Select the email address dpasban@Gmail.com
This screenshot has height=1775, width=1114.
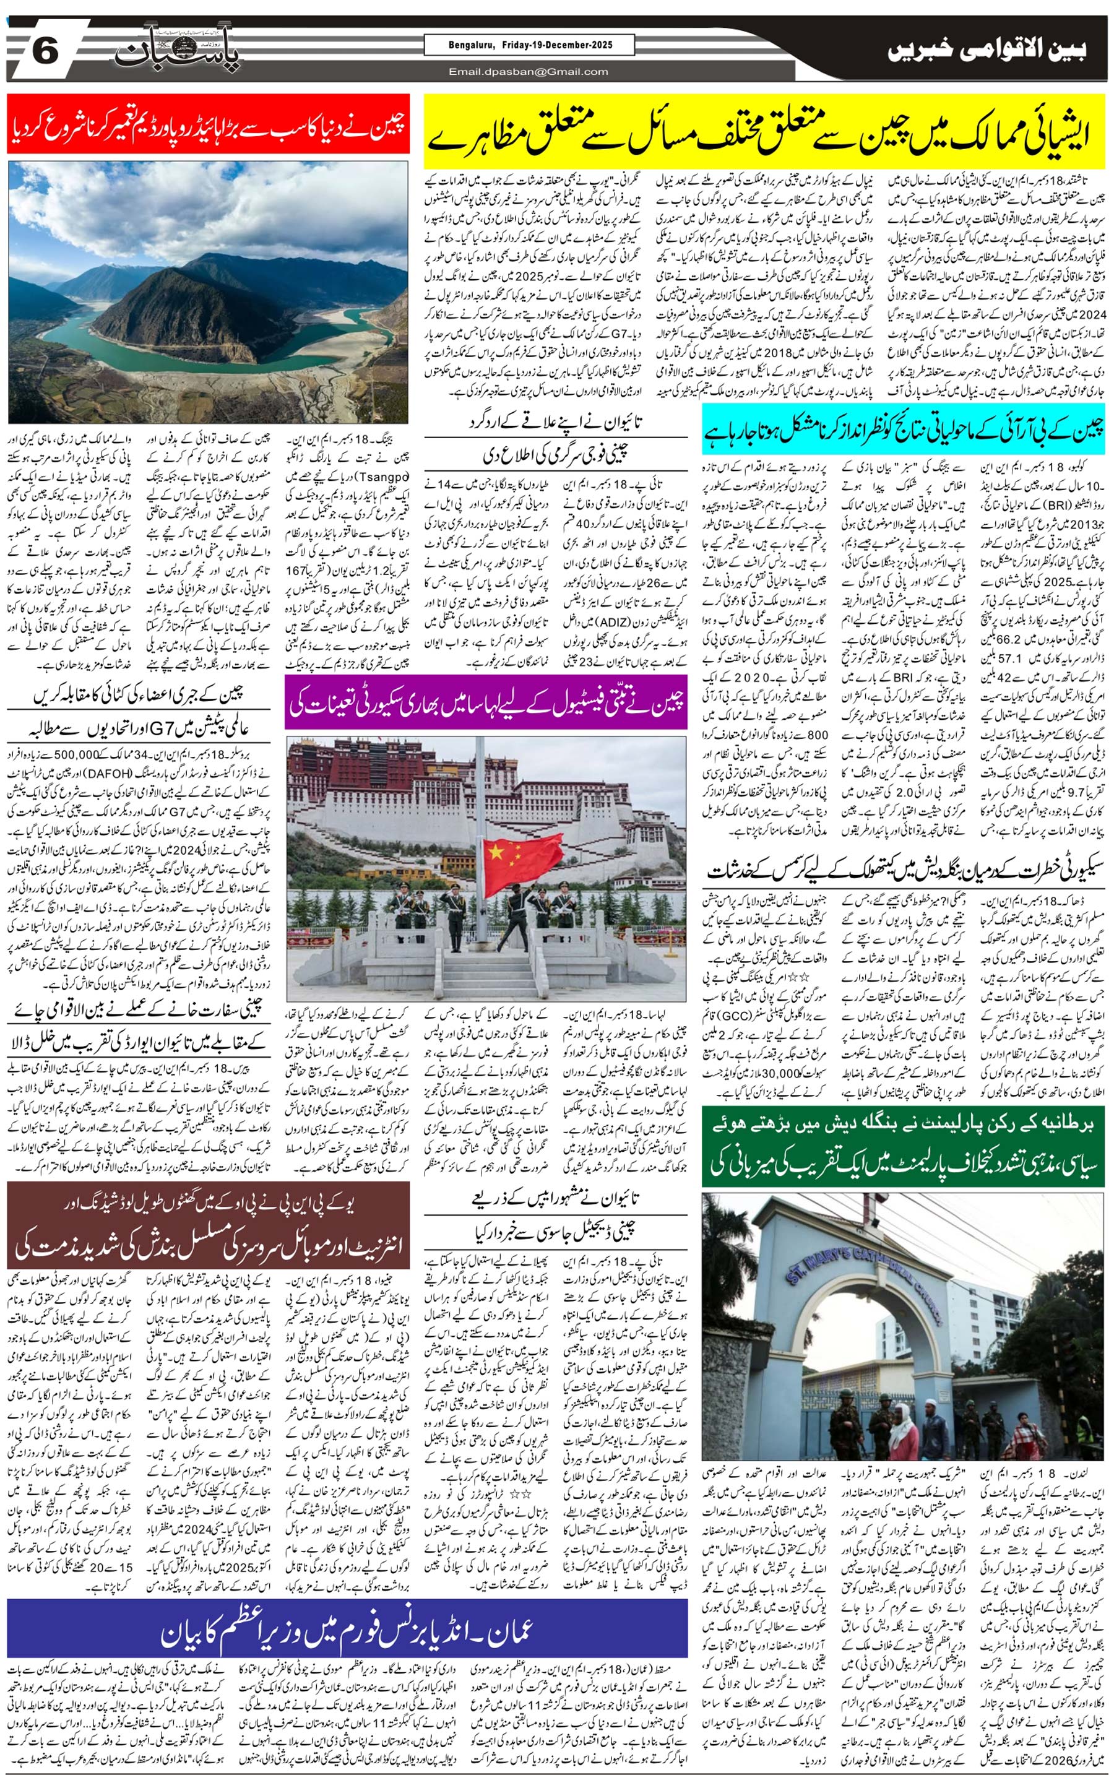[529, 71]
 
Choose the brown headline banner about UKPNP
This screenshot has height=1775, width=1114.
[209, 1225]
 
